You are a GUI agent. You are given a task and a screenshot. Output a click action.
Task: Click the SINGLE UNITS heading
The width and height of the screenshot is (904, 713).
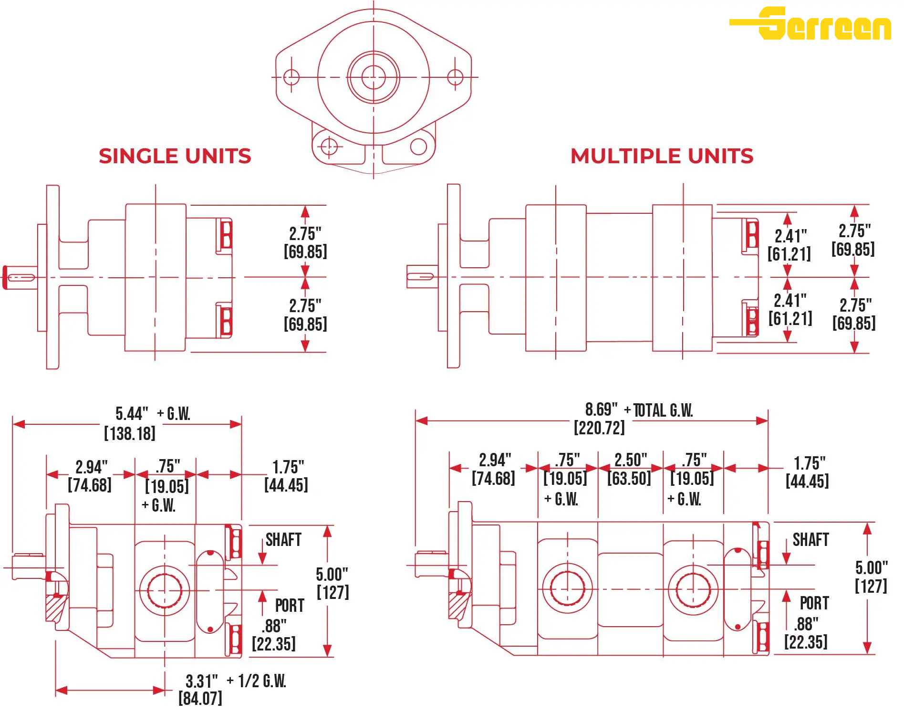(x=175, y=156)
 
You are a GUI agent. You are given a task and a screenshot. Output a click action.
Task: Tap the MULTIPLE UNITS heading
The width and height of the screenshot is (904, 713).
(x=662, y=156)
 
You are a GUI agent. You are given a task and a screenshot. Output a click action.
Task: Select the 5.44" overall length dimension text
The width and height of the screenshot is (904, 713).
(x=132, y=413)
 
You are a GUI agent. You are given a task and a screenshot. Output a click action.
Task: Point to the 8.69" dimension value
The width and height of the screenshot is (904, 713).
(x=601, y=409)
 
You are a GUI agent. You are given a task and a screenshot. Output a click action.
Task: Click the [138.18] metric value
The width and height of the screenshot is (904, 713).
(x=130, y=433)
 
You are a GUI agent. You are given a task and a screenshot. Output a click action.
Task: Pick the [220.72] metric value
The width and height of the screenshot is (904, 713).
(x=599, y=428)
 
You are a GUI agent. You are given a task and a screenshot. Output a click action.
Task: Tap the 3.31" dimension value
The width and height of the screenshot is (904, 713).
(x=201, y=681)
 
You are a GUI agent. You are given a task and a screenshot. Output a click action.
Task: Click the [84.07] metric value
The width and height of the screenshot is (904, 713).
(x=200, y=699)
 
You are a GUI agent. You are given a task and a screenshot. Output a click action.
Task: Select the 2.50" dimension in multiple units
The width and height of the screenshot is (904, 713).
(x=630, y=460)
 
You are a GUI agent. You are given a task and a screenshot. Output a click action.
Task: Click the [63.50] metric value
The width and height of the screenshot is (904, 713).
(x=629, y=478)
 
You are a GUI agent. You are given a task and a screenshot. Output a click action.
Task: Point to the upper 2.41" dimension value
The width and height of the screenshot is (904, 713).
(x=790, y=236)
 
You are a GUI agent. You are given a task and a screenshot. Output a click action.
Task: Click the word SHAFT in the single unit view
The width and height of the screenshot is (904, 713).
(x=283, y=540)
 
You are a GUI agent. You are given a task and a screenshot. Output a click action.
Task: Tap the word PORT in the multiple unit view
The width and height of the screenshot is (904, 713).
(x=814, y=603)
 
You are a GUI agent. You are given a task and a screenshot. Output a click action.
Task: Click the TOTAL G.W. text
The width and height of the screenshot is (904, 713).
(x=663, y=410)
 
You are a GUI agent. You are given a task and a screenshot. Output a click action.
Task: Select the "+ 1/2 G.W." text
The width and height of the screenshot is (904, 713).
(x=256, y=681)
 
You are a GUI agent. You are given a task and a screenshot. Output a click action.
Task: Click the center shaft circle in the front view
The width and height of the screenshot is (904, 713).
(x=374, y=77)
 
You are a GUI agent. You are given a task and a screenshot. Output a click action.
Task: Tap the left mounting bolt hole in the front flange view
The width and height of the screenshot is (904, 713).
(x=291, y=77)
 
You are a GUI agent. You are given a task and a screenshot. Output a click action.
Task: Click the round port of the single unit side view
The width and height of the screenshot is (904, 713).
(x=165, y=591)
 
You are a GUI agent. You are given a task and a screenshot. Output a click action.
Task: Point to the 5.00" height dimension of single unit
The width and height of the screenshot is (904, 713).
(x=332, y=574)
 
